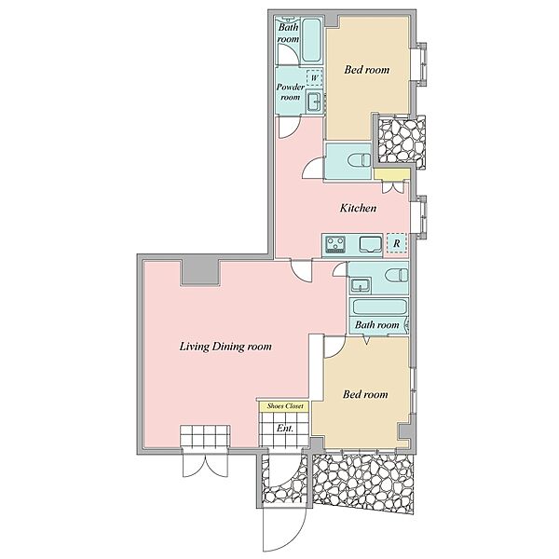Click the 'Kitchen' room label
click(358, 208)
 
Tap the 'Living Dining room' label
click(225, 347)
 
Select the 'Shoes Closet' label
click(285, 406)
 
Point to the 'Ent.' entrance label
click(285, 429)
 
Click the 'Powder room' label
click(290, 92)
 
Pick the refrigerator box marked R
click(397, 243)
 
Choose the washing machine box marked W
click(315, 77)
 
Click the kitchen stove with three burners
click(335, 244)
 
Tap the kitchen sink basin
click(370, 244)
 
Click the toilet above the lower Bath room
click(397, 275)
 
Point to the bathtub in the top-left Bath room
click(311, 41)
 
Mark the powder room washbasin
click(315, 102)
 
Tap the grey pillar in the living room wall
click(200, 272)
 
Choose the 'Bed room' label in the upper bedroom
click(366, 70)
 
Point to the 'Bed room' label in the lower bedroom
click(365, 394)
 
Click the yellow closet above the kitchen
click(392, 174)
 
